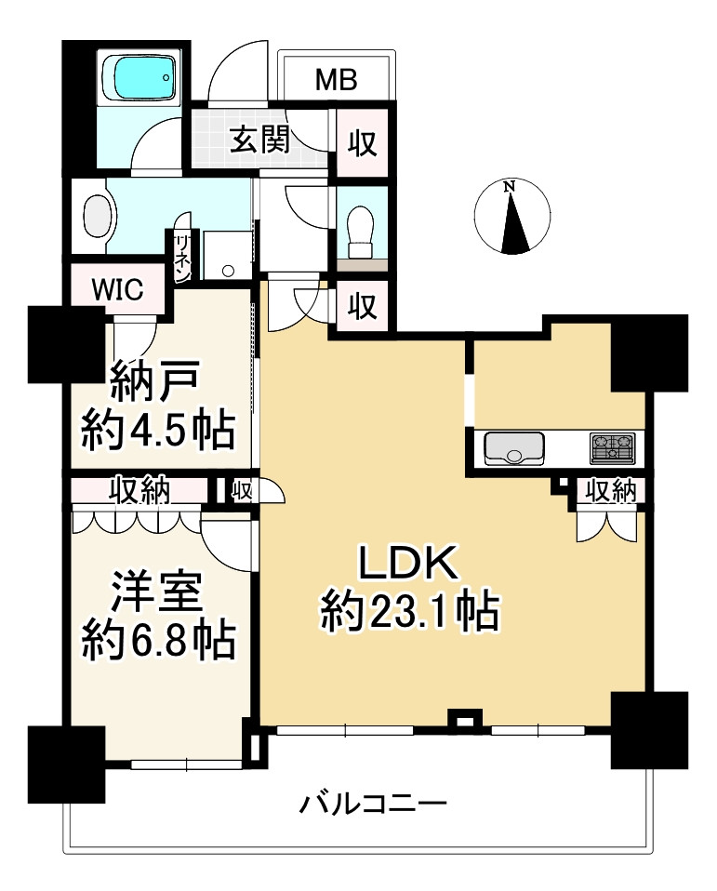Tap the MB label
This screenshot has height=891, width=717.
pos(336,80)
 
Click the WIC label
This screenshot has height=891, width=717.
pos(117,289)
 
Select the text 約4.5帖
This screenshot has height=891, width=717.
pos(157,430)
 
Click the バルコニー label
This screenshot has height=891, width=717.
pos(374,803)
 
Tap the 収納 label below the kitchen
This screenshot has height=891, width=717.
pos(610,491)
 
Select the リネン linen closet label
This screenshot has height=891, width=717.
pos(181,256)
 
